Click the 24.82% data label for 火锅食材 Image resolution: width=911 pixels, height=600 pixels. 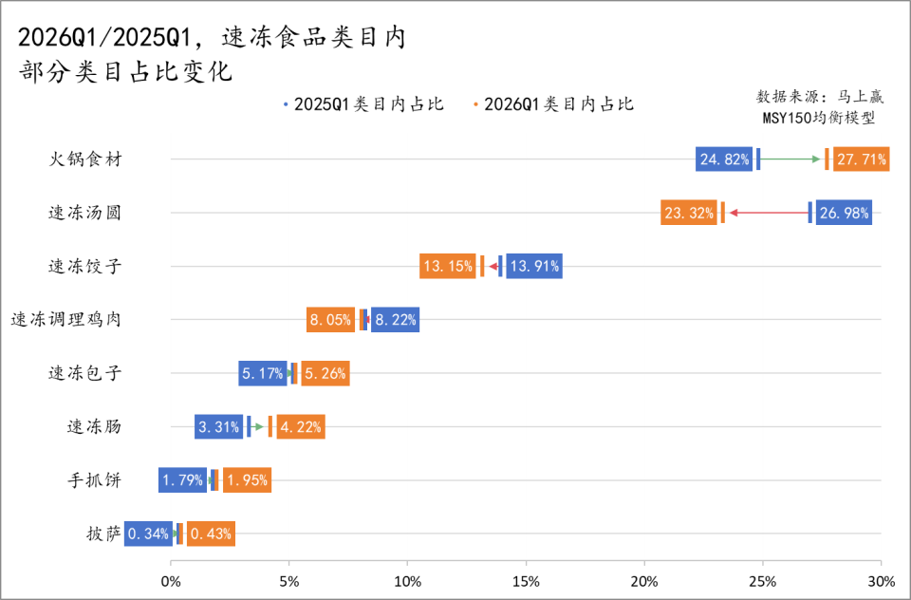(724, 159)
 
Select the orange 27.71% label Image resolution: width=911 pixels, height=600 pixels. (862, 159)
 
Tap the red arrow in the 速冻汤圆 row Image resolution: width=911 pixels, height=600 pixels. (769, 213)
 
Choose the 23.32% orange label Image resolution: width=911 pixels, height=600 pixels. (689, 213)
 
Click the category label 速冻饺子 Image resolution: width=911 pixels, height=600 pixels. (84, 267)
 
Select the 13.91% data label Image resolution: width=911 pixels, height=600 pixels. (534, 267)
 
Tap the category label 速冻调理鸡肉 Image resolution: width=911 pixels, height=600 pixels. (65, 320)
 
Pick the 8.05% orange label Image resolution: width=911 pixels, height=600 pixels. (333, 320)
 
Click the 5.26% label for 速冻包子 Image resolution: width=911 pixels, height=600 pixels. (325, 374)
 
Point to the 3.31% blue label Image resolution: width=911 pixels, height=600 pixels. (220, 427)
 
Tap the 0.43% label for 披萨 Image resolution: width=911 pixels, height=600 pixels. (211, 534)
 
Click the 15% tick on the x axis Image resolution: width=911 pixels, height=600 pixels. (526, 580)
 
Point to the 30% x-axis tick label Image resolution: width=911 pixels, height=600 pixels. (881, 580)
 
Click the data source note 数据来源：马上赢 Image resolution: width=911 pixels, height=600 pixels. (820, 98)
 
